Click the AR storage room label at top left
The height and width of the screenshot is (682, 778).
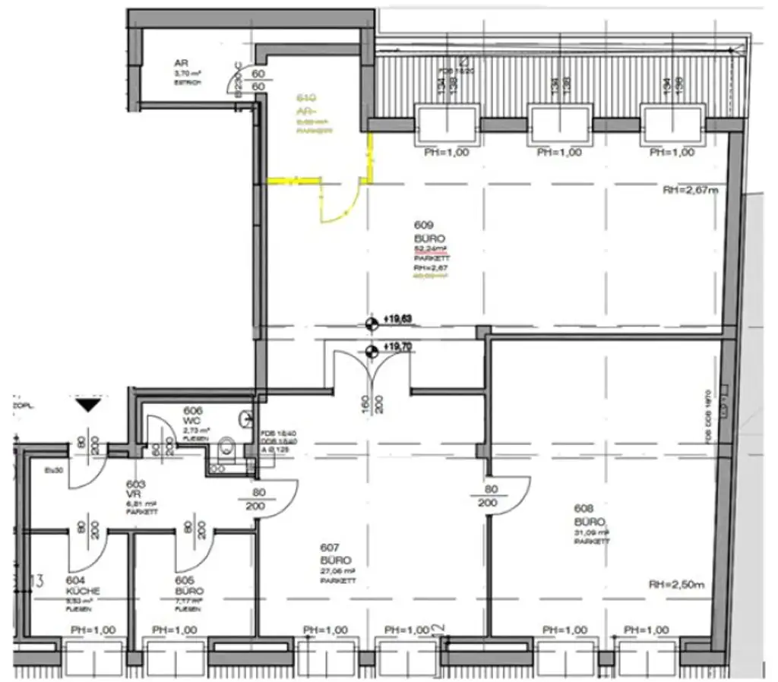coord(181,64)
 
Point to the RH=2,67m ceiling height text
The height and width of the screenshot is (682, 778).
coord(689,191)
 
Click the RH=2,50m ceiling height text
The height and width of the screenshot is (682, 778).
coord(677,585)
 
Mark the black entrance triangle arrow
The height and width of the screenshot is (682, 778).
coord(89,405)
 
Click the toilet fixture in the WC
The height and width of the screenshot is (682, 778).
coord(226,449)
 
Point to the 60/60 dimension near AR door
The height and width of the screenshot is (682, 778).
coord(258,81)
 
